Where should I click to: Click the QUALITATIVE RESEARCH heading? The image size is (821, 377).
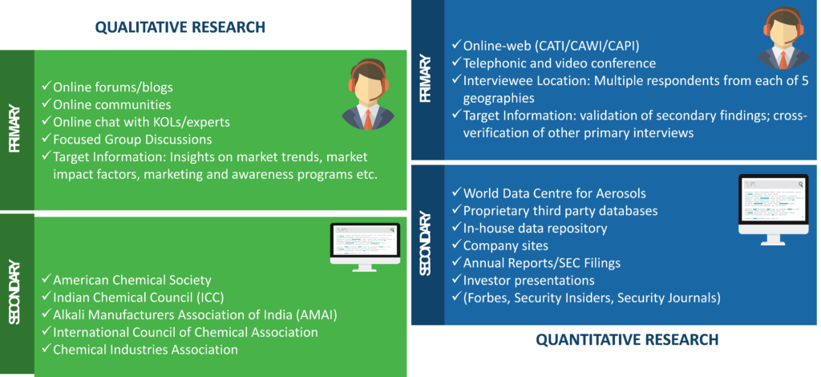coord(180,26)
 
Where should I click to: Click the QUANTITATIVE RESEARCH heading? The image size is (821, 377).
coord(627,340)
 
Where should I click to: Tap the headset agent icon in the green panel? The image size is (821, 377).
coord(368,95)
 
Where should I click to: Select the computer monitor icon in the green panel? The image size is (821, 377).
coord(365,247)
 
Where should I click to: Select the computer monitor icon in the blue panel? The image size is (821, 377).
coord(774,209)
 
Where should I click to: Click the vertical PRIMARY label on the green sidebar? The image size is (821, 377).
coord(14,129)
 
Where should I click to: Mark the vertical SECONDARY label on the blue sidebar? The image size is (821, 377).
coord(425,244)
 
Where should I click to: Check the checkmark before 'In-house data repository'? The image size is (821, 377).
coord(456,228)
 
